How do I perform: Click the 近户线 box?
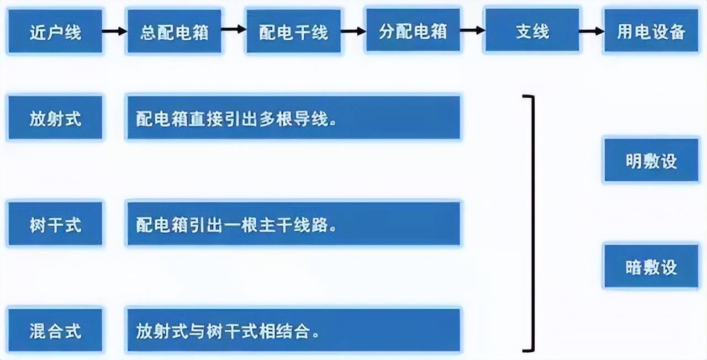pyautogui.click(x=55, y=31)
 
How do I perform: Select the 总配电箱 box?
pyautogui.click(x=174, y=31)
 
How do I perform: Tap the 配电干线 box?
pyautogui.click(x=293, y=31)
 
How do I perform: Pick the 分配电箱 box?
pyautogui.click(x=413, y=30)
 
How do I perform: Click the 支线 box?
pyautogui.click(x=532, y=30)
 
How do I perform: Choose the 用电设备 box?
pyautogui.click(x=651, y=30)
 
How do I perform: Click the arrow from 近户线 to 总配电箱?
pyautogui.click(x=114, y=31)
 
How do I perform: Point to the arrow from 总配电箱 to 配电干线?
pyautogui.click(x=234, y=29)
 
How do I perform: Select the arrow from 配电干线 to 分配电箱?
pyautogui.click(x=353, y=31)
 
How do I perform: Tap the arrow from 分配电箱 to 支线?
pyautogui.click(x=472, y=30)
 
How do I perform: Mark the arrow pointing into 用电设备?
pyautogui.click(x=592, y=31)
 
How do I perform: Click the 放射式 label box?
pyautogui.click(x=55, y=118)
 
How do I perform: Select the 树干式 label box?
pyautogui.click(x=55, y=224)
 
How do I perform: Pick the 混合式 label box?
pyautogui.click(x=55, y=330)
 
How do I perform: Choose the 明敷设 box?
pyautogui.click(x=651, y=160)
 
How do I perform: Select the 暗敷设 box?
pyautogui.click(x=651, y=266)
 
